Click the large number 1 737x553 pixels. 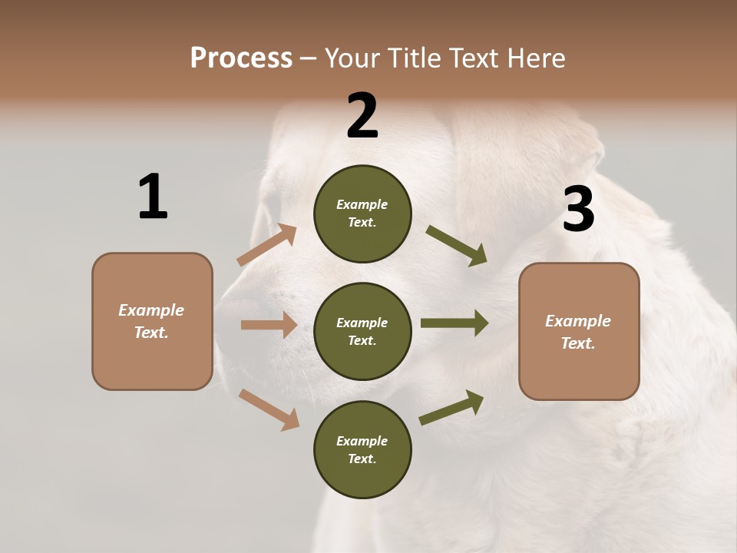tap(153, 197)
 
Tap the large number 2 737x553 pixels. tap(362, 116)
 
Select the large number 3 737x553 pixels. tap(578, 210)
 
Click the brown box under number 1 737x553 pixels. tap(152, 321)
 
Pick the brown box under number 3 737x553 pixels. tap(579, 331)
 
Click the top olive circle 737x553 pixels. tap(362, 214)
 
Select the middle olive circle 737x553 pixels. tap(362, 331)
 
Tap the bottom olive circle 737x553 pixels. tap(362, 449)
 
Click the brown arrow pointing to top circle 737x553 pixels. tap(267, 245)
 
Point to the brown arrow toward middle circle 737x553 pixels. tap(269, 325)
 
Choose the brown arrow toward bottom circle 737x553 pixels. tap(269, 409)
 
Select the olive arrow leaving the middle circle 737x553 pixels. tap(454, 323)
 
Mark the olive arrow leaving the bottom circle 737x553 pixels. tap(451, 408)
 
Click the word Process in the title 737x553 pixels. tap(241, 58)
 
